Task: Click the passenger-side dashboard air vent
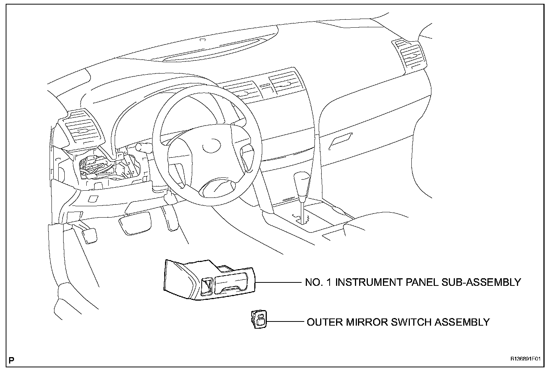point(410,56)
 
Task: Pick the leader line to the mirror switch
point(286,322)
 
